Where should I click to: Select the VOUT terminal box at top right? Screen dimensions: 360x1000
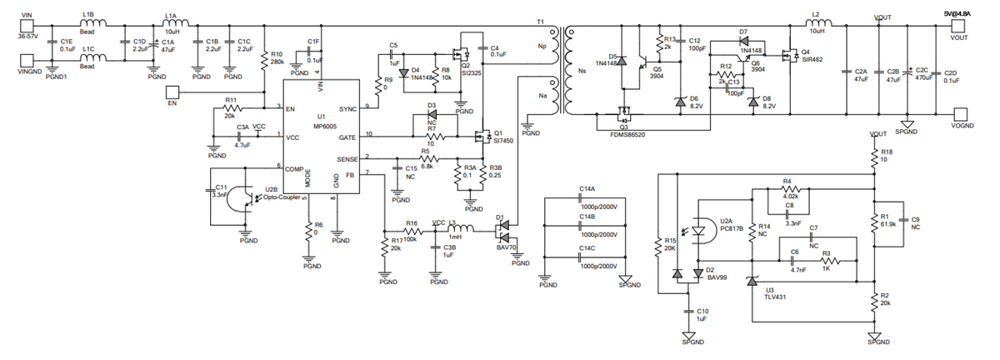pos(958,25)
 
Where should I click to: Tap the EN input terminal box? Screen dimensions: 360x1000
pos(172,92)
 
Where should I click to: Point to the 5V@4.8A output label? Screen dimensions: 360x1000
pos(958,12)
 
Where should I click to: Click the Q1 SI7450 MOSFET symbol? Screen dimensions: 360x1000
pos(482,136)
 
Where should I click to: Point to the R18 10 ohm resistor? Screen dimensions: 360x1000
pos(874,157)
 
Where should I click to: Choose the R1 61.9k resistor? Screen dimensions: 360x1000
pos(874,220)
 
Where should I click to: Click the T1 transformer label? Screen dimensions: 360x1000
pos(539,22)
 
